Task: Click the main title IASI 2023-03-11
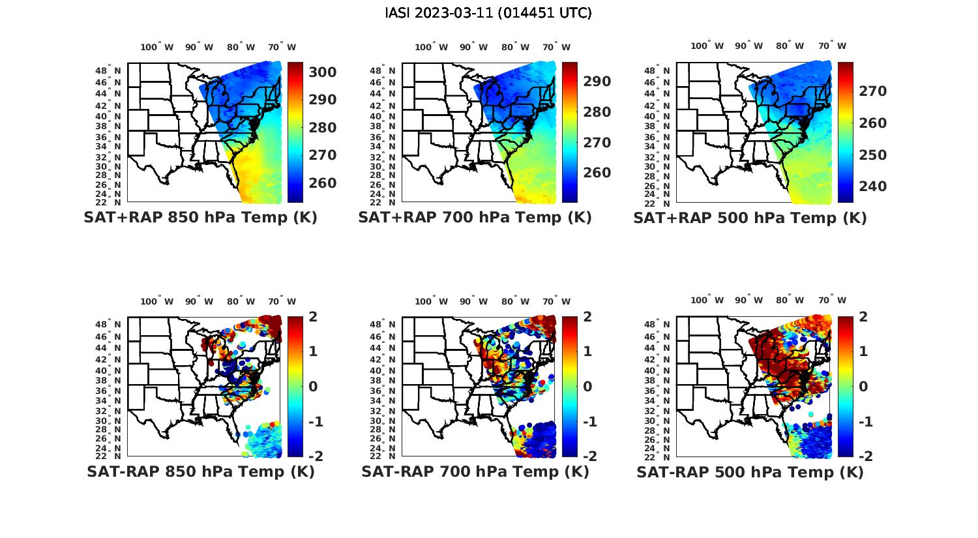click(488, 13)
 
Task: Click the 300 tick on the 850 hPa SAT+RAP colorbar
click(322, 72)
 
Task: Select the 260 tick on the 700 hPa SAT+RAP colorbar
click(597, 173)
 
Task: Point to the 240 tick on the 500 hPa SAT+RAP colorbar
click(871, 187)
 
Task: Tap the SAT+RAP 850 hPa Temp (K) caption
click(200, 217)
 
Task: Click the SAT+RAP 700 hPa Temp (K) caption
click(475, 217)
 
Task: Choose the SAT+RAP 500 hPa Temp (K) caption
click(750, 218)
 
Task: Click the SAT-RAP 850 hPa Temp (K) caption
click(200, 471)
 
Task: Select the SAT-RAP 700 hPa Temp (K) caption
click(475, 471)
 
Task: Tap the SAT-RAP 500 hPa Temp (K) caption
click(750, 472)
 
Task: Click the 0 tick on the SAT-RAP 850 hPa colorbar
click(313, 386)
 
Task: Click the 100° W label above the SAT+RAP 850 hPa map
click(157, 47)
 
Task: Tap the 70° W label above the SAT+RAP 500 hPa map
click(832, 46)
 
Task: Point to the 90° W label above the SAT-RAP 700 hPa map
click(473, 301)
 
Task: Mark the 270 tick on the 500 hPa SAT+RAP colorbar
click(871, 91)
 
